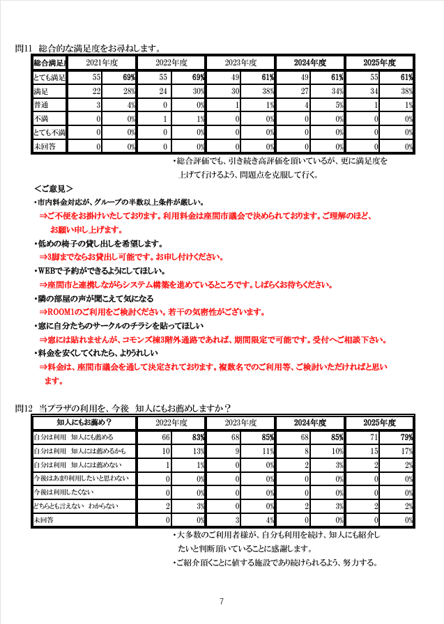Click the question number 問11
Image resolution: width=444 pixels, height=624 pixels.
24,49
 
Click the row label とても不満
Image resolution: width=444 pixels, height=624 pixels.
49,132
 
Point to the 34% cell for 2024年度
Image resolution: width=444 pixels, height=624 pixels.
338,91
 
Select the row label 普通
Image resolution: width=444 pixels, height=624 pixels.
41,105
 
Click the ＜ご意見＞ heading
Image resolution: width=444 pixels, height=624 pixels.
54,189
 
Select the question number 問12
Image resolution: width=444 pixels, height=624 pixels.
24,408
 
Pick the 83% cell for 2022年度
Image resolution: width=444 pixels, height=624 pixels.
198,437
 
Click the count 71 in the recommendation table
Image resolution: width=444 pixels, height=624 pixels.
374,437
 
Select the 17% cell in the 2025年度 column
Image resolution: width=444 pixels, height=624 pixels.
408,451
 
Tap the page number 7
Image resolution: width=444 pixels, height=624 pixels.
221,601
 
